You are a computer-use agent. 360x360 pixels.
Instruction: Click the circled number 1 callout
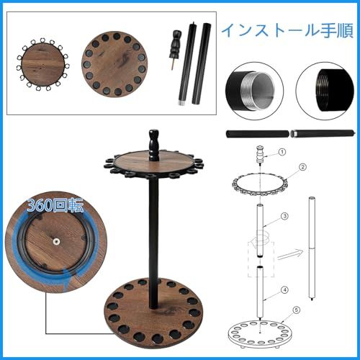(x=282, y=152)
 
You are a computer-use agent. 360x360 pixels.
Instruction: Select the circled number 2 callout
(x=302, y=167)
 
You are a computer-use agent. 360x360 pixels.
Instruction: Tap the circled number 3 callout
(x=284, y=216)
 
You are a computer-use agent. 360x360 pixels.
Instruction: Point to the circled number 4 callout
(x=284, y=290)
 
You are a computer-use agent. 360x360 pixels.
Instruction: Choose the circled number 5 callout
(x=297, y=310)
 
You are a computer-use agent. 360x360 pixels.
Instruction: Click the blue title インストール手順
(x=287, y=30)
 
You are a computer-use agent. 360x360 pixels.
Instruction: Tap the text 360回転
(x=55, y=205)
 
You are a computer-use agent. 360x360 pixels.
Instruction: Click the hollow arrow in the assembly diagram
(x=290, y=254)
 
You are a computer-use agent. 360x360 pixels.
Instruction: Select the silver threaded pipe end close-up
(x=254, y=91)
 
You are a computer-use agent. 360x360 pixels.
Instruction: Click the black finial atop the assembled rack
(x=153, y=145)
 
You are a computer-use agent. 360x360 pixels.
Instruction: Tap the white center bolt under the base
(x=56, y=241)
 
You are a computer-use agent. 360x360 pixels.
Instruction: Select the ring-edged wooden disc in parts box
(x=42, y=64)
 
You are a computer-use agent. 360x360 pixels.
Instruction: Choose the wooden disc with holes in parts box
(x=114, y=64)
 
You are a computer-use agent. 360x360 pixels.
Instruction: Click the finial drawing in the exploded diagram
(x=261, y=154)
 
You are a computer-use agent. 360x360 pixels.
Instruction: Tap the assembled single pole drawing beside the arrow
(x=312, y=248)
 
